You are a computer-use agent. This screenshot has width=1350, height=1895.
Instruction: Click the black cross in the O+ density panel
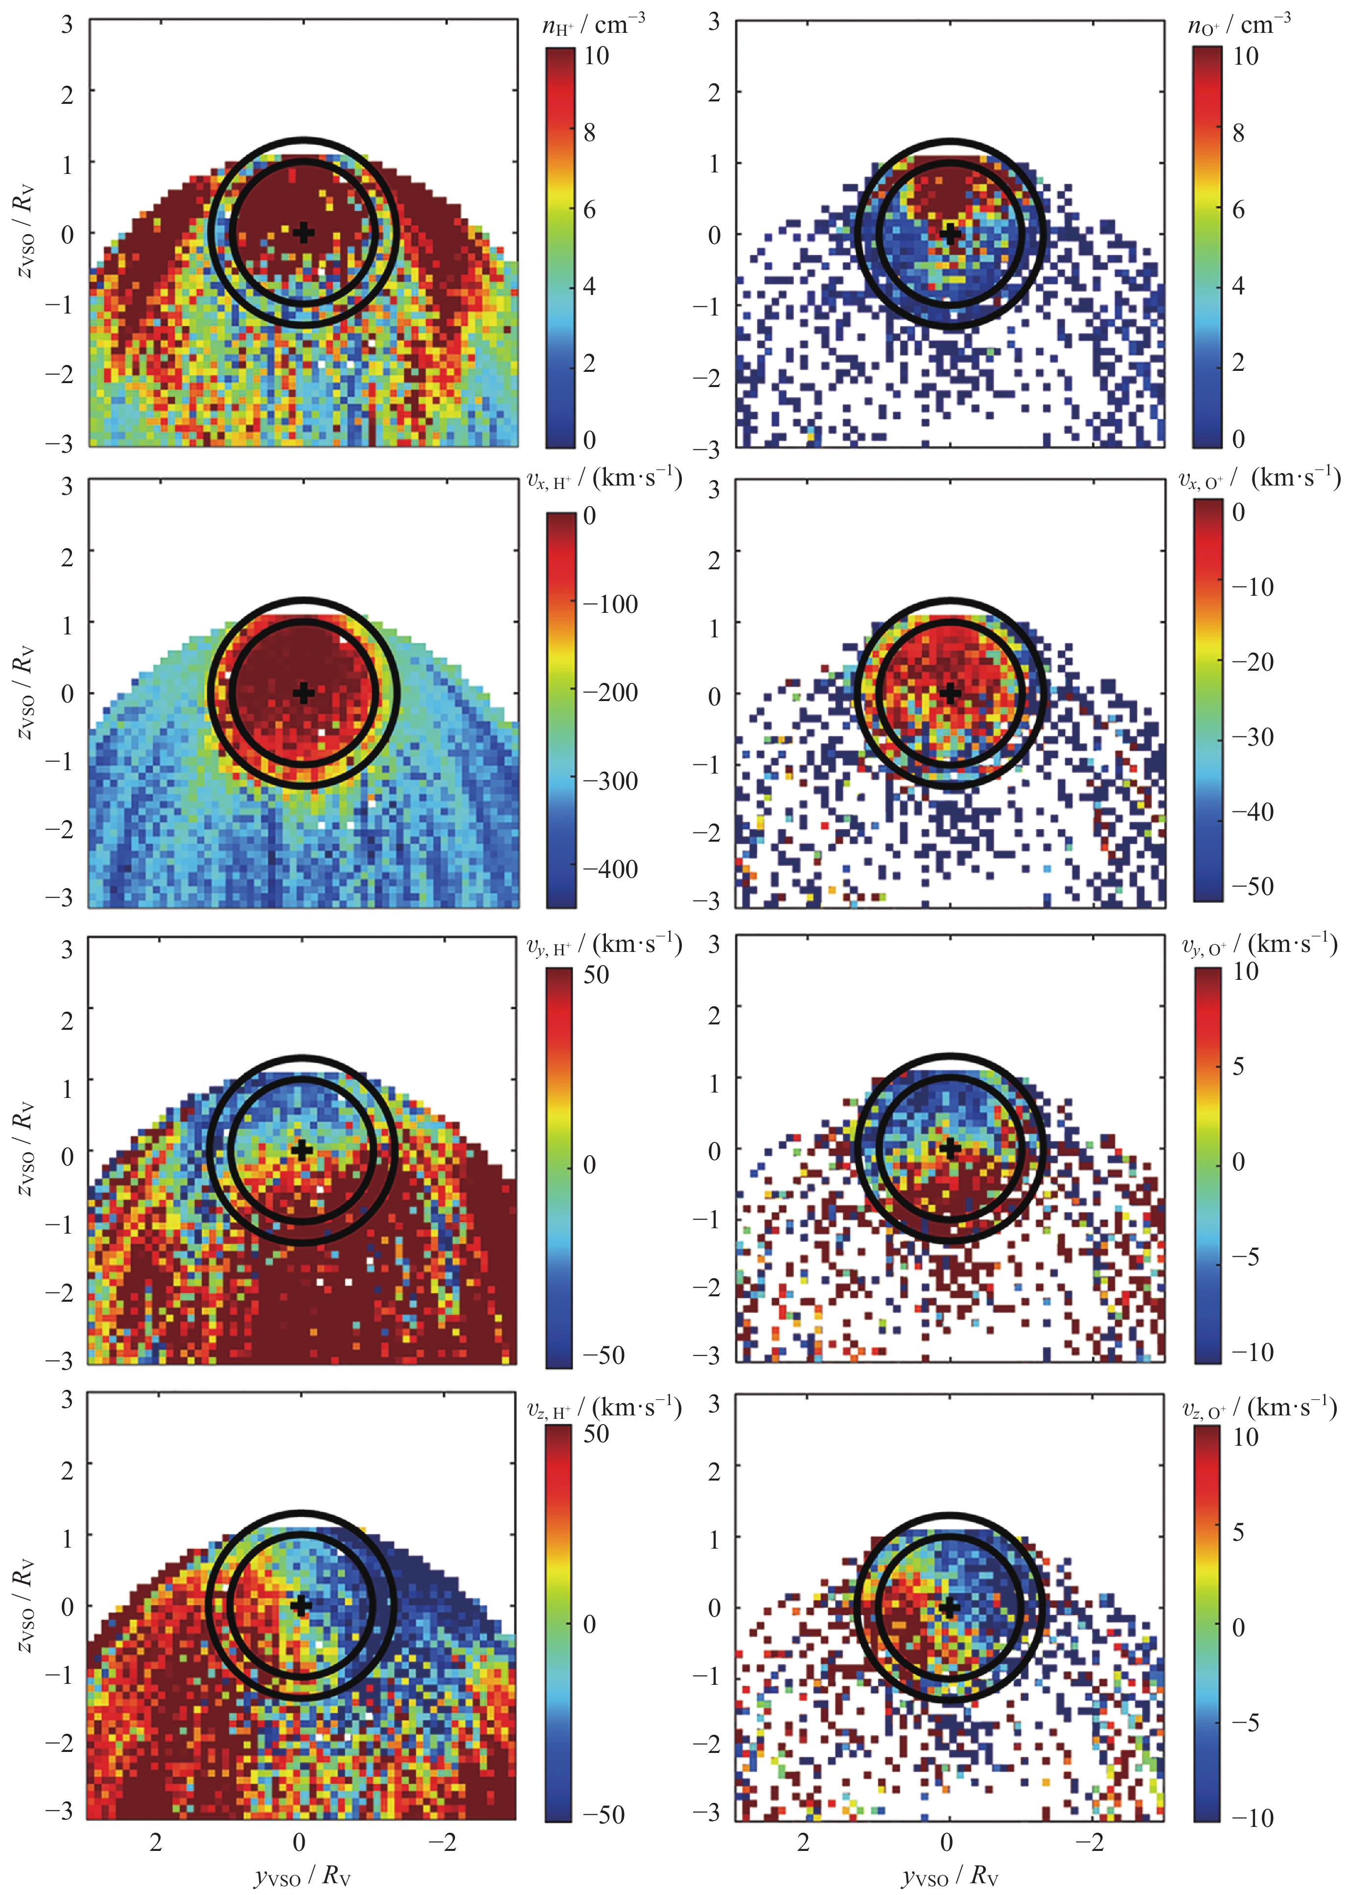[x=951, y=233]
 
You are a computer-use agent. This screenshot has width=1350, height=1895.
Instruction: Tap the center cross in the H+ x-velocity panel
[x=304, y=692]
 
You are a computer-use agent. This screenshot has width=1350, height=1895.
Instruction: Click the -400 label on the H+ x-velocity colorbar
[x=610, y=869]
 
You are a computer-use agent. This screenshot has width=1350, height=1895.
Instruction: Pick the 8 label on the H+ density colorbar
[x=589, y=132]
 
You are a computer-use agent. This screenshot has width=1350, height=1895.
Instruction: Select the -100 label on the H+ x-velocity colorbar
[x=610, y=604]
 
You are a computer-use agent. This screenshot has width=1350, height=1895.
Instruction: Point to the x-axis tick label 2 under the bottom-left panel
[x=155, y=1842]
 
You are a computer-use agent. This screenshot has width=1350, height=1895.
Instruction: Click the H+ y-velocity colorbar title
[x=604, y=945]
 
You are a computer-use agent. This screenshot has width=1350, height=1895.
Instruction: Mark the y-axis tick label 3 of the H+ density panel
[x=67, y=24]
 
